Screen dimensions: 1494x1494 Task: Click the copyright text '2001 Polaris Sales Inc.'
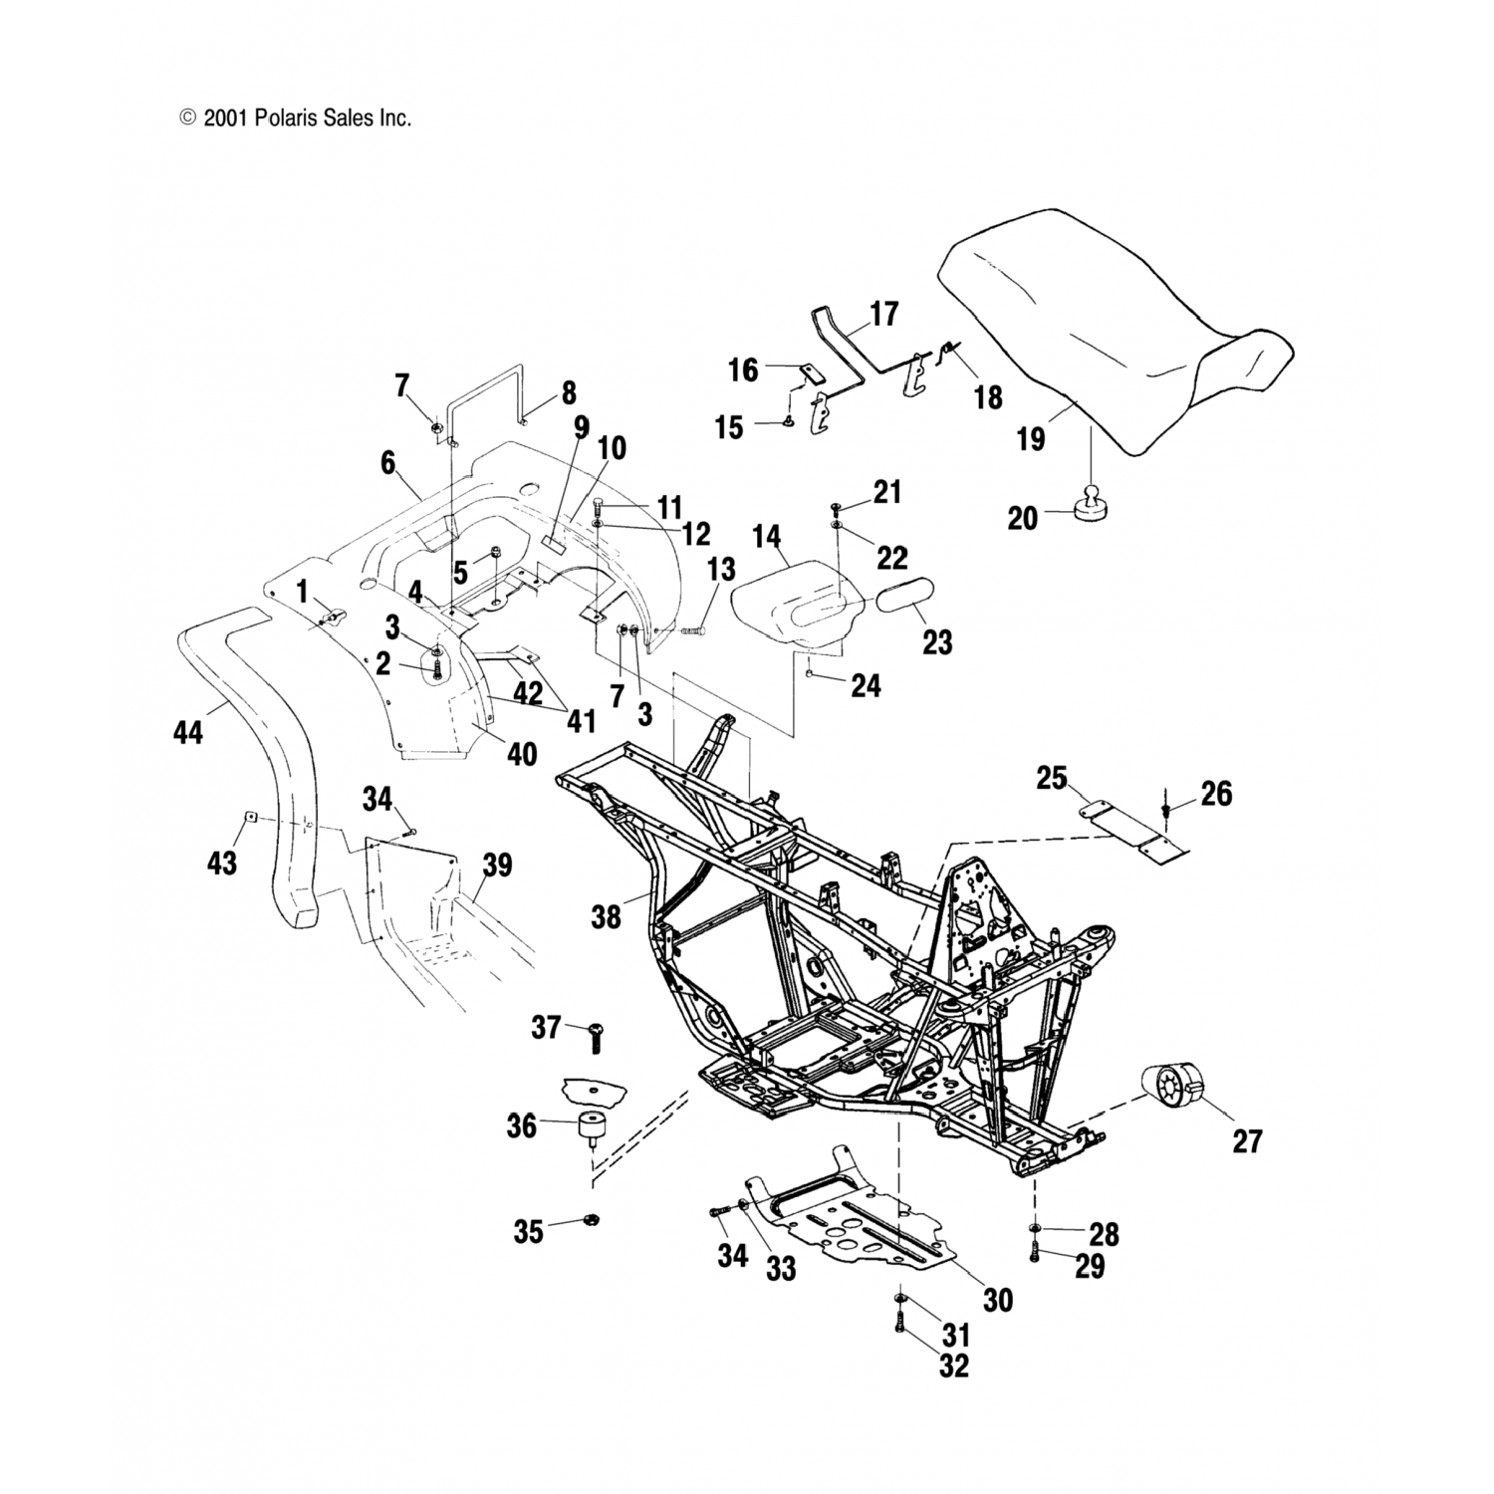[307, 119]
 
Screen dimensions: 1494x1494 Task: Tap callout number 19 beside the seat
[1031, 438]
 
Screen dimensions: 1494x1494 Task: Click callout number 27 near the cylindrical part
[1246, 1140]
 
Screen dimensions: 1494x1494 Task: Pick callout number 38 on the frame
[606, 915]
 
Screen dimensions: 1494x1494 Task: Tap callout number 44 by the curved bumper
[187, 733]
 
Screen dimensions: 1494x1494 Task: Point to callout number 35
[529, 1232]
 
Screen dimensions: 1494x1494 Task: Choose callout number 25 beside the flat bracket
[1052, 778]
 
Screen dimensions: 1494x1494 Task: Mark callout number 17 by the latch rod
[883, 315]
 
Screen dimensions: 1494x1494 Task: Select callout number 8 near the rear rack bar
[569, 393]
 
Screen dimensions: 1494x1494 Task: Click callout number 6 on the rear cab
[387, 463]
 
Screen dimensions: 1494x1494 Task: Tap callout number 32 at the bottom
[953, 1367]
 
